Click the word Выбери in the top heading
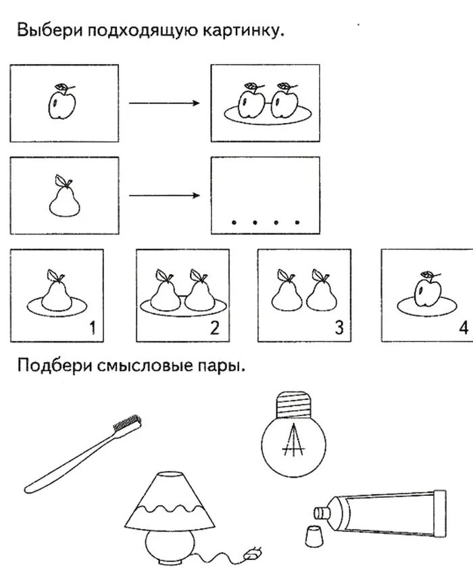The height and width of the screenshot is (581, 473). tap(46, 32)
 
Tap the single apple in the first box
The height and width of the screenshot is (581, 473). tap(61, 103)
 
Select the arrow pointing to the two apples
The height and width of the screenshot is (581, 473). tap(164, 103)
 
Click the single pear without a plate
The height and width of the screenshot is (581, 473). tap(66, 199)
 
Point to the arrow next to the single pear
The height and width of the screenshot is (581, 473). tap(164, 196)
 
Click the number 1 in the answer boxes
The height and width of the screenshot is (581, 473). tap(93, 329)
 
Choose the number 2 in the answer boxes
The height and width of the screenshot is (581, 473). tap(215, 329)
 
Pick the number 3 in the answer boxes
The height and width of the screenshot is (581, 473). tap(339, 329)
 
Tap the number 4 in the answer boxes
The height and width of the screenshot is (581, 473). tap(462, 329)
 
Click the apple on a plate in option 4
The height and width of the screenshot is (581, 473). tap(428, 291)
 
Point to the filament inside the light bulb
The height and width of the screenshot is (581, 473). tap(293, 443)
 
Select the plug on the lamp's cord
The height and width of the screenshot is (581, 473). tap(253, 553)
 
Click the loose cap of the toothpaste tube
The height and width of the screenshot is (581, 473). tap(312, 537)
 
